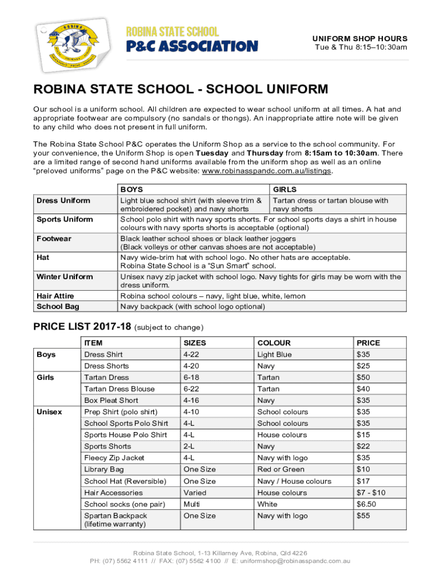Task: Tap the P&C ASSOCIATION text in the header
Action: (191, 45)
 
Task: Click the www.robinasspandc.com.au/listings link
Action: (267, 171)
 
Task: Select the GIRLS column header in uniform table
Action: (285, 189)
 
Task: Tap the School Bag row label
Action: (55, 306)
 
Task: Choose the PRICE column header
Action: (368, 343)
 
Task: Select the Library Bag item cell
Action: (104, 469)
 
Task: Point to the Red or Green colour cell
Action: (281, 469)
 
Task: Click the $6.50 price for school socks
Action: (366, 504)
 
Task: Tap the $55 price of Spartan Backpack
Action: (363, 516)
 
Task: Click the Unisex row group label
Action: (50, 411)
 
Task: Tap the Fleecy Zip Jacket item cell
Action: (114, 458)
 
